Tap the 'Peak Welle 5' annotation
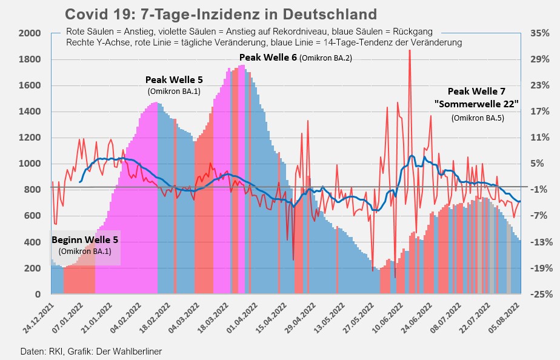click(x=174, y=79)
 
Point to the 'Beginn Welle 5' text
click(x=85, y=239)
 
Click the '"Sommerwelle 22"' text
click(x=476, y=104)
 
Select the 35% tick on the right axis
click(x=539, y=33)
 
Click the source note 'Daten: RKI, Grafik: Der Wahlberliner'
click(x=91, y=351)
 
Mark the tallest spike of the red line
click(x=410, y=51)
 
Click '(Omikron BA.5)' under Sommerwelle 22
click(x=478, y=118)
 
